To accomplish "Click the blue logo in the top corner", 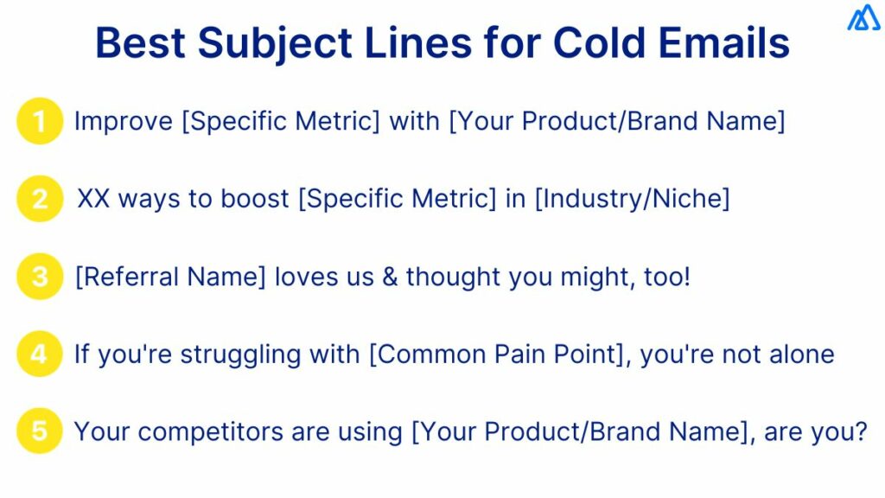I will [x=863, y=19].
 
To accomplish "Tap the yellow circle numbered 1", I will [x=40, y=121].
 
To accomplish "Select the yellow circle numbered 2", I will [x=40, y=199].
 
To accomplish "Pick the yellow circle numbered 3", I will [x=40, y=277].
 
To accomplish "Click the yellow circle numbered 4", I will [x=40, y=354].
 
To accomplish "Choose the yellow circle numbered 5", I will [x=40, y=431].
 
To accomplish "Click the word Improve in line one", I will [x=124, y=121].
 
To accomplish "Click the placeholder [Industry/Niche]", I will [x=632, y=199].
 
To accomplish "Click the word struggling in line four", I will [x=228, y=354].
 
